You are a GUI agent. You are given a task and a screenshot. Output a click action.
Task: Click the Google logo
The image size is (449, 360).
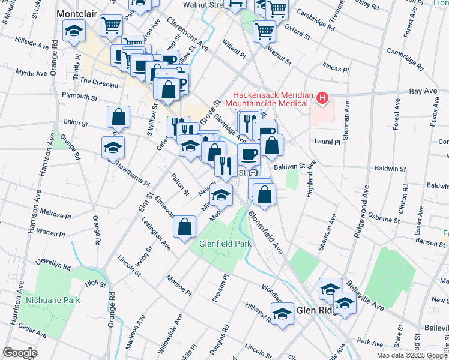pyautogui.click(x=20, y=353)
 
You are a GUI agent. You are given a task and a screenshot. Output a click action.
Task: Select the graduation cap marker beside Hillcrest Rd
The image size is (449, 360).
pyautogui.click(x=282, y=314)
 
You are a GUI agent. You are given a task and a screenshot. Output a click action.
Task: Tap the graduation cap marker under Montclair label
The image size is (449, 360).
pyautogui.click(x=74, y=31)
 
